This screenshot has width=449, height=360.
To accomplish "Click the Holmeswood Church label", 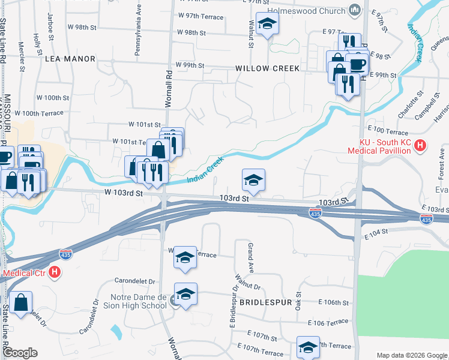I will point(306,10).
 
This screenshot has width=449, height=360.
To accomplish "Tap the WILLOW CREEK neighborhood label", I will point(267,68).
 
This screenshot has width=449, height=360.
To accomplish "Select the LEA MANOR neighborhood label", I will point(70,59).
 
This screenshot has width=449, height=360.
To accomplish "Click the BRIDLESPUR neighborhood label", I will point(265,302).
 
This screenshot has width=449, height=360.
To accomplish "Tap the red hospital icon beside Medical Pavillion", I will point(420,145).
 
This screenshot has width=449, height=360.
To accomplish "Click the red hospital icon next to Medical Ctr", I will point(55,272).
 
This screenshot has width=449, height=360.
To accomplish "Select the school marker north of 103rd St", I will point(253,180).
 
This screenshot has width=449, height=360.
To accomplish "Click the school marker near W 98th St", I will point(267,25).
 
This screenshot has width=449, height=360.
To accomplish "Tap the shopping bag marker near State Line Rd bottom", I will point(21,303).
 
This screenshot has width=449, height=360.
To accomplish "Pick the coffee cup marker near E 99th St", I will point(358,64).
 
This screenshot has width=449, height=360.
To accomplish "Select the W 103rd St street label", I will point(123,193).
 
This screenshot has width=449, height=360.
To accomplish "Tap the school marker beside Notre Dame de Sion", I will point(186,295).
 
